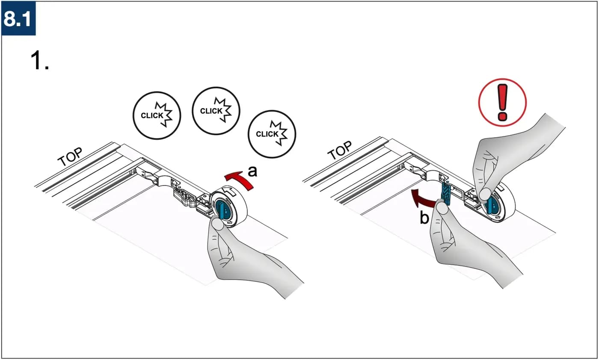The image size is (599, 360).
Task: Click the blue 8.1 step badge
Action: pyautogui.click(x=18, y=18)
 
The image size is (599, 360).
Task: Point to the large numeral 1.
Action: pyautogui.click(x=36, y=61)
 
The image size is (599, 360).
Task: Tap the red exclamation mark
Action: pyautogui.click(x=502, y=102)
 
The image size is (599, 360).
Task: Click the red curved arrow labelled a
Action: pyautogui.click(x=240, y=180)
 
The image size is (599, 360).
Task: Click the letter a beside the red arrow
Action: pyautogui.click(x=252, y=171)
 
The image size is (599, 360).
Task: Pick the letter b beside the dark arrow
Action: pyautogui.click(x=424, y=218)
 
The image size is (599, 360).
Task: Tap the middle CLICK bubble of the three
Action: pyautogui.click(x=216, y=111)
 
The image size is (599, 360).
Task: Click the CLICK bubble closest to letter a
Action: pyautogui.click(x=272, y=134)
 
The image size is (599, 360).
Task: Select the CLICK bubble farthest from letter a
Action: pyautogui.click(x=157, y=115)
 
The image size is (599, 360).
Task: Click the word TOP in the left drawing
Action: pyautogui.click(x=70, y=157)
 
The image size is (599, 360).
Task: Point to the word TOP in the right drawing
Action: pyautogui.click(x=340, y=150)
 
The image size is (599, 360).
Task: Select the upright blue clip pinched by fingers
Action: pyautogui.click(x=446, y=193)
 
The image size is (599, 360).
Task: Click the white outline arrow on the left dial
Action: pyautogui.click(x=229, y=192)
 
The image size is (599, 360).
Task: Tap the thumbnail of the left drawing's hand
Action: pyautogui.click(x=218, y=224)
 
